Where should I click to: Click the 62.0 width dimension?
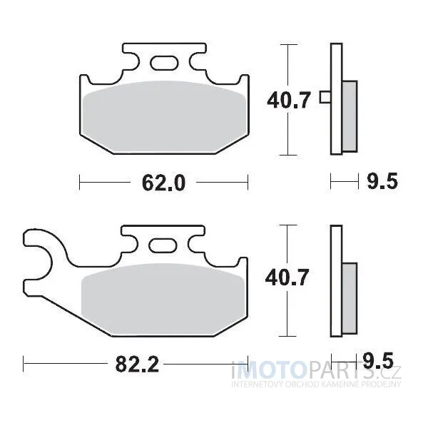point(164,183)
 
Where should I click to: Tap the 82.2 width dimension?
point(137,364)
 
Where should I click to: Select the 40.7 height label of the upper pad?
point(289,100)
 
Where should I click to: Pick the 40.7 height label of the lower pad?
point(287,277)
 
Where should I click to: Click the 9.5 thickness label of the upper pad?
point(382,181)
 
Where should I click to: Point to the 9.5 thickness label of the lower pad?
point(378,360)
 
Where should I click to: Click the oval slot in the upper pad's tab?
point(164,63)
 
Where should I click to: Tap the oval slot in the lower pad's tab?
point(163,245)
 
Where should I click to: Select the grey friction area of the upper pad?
point(165,116)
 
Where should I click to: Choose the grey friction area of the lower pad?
point(163,299)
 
